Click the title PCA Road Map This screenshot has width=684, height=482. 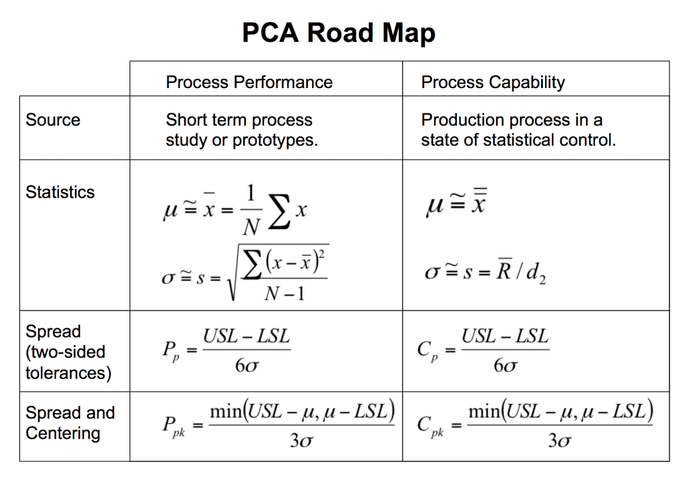(x=339, y=33)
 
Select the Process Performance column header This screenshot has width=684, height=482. (x=248, y=82)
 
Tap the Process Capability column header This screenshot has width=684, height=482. (x=492, y=82)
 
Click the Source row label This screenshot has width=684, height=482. (x=53, y=120)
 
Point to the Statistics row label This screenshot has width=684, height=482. (x=60, y=192)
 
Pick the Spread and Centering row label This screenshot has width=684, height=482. (x=70, y=423)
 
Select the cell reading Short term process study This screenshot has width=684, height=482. (x=241, y=130)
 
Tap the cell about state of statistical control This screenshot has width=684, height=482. (x=518, y=130)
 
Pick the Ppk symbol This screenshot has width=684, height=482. (x=173, y=425)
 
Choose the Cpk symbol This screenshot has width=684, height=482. (x=431, y=425)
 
